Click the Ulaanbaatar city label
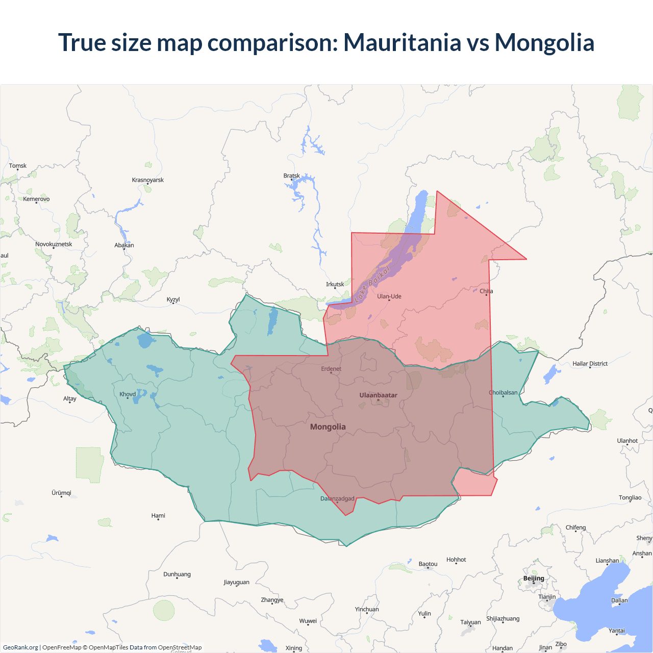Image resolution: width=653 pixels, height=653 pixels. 378,395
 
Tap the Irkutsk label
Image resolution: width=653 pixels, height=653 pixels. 335,284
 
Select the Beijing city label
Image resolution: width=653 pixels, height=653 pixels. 534,578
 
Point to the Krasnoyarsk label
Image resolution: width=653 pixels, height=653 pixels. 148,180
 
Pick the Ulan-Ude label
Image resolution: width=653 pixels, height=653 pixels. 389,296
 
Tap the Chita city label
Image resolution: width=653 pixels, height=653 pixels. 486,291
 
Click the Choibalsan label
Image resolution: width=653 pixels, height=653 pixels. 504,392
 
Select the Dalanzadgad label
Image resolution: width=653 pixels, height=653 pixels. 337,498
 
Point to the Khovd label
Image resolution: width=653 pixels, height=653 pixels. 128,394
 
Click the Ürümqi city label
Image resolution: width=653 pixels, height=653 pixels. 61,493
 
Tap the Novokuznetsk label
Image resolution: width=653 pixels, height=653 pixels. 54,244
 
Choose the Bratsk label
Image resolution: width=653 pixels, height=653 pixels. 292,176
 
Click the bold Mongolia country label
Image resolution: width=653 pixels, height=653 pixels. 328,427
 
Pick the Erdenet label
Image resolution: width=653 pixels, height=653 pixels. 331,369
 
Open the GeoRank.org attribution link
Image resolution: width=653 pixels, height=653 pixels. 20,647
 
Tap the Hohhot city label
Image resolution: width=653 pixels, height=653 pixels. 456,560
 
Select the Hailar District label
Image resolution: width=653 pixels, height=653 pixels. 590,364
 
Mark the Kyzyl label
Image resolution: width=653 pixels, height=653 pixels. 173,299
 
